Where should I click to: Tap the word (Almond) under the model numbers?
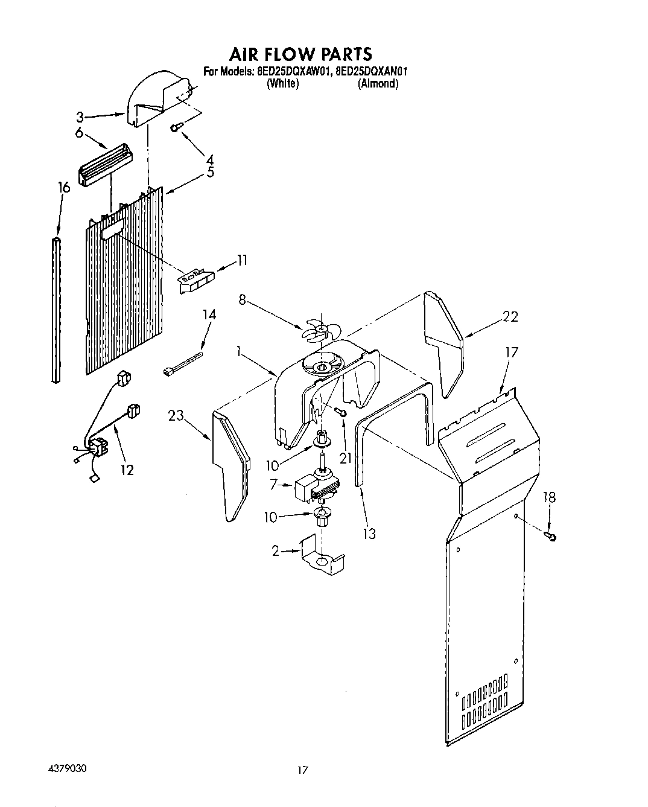pos(378,84)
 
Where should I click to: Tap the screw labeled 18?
pos(550,535)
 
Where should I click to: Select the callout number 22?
pos(510,317)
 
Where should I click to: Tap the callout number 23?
pos(176,416)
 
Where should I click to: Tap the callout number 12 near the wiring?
pos(127,470)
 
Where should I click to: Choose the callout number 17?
pos(511,352)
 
